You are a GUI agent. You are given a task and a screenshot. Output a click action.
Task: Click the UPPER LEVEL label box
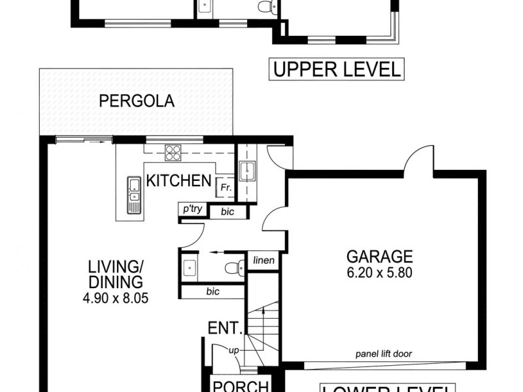[x=336, y=69]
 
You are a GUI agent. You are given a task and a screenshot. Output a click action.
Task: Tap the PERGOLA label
[x=137, y=101]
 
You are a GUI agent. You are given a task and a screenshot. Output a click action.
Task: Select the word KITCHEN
[x=178, y=180]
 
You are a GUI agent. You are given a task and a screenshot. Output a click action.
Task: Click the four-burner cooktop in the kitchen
[x=173, y=153]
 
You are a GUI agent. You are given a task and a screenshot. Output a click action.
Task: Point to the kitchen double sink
[x=134, y=189]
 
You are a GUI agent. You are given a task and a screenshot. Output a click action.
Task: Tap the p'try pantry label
[x=192, y=209]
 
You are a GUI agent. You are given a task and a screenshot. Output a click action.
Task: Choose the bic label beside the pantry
[x=227, y=212]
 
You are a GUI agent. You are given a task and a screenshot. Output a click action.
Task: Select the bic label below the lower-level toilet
[x=212, y=291]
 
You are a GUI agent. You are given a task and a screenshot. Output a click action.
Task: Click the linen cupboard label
[x=264, y=261]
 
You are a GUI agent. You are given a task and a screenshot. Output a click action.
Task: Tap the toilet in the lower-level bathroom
[x=232, y=268]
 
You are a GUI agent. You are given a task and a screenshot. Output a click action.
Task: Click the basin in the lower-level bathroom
[x=190, y=269]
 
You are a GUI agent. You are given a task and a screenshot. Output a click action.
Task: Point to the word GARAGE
[x=379, y=256]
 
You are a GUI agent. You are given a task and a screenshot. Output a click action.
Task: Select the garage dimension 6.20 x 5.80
[x=379, y=273]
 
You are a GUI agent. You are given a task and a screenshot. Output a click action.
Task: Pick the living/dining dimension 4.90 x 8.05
[x=116, y=299]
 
